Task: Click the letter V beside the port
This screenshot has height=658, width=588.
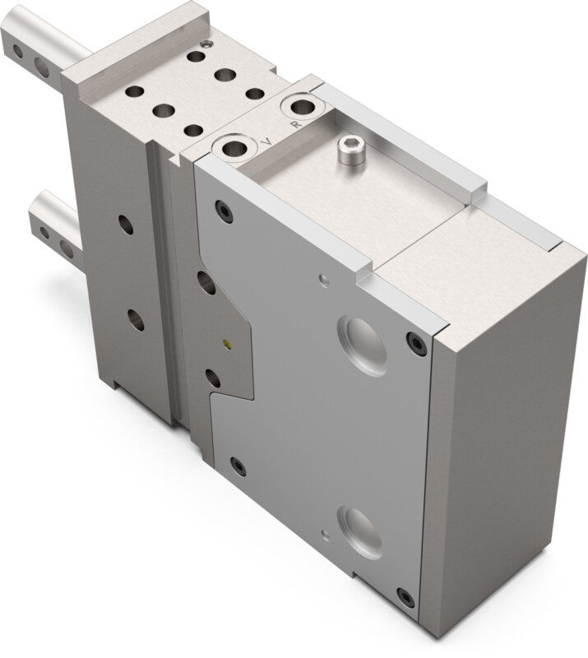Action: [x=266, y=141]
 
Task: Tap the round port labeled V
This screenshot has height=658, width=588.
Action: [x=234, y=149]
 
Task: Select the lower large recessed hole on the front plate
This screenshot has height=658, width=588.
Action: [x=362, y=529]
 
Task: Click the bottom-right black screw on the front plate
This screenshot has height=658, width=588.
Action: [x=405, y=595]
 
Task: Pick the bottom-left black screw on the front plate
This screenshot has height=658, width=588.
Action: [x=238, y=467]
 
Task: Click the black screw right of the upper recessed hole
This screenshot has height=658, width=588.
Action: [x=416, y=343]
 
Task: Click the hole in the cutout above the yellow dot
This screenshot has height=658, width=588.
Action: [x=206, y=283]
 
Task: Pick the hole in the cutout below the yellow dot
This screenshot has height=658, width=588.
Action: [x=212, y=378]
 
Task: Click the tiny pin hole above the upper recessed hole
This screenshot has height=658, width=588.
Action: [x=326, y=280]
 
